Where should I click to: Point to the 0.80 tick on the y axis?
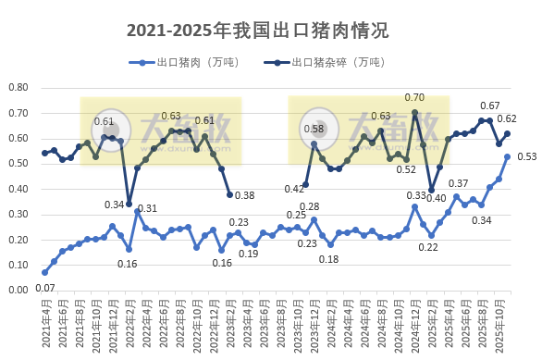point(18,88)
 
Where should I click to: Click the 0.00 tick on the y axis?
point(18,290)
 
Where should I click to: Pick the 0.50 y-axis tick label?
point(18,164)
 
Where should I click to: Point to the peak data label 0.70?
point(414,97)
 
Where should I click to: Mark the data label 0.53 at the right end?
point(527,156)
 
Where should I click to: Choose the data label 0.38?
point(244,195)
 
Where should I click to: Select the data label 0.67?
point(490,106)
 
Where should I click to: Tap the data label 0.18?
point(329,259)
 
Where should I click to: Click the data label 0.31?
point(147,208)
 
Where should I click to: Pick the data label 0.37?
point(459,184)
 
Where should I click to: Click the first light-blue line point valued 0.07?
point(44,272)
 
